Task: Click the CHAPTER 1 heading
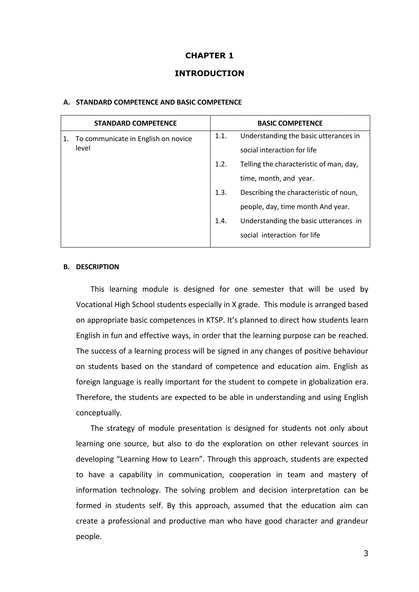[x=209, y=56]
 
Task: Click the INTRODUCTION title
[x=209, y=73]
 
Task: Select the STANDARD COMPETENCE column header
[x=135, y=123]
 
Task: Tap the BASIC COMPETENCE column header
[x=290, y=123]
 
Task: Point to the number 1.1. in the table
[x=221, y=136]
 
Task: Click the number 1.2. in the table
[x=221, y=164]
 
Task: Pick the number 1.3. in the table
[x=221, y=193]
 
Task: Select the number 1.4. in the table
[x=221, y=221]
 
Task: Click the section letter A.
[x=66, y=102]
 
